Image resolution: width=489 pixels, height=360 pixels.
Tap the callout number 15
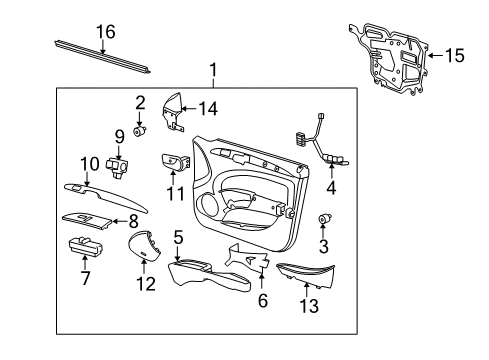coord(454,56)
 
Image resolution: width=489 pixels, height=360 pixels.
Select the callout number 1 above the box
coord(212,71)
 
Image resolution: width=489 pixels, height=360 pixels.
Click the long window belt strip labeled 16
coord(100,56)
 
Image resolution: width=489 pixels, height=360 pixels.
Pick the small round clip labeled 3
coord(324,219)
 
